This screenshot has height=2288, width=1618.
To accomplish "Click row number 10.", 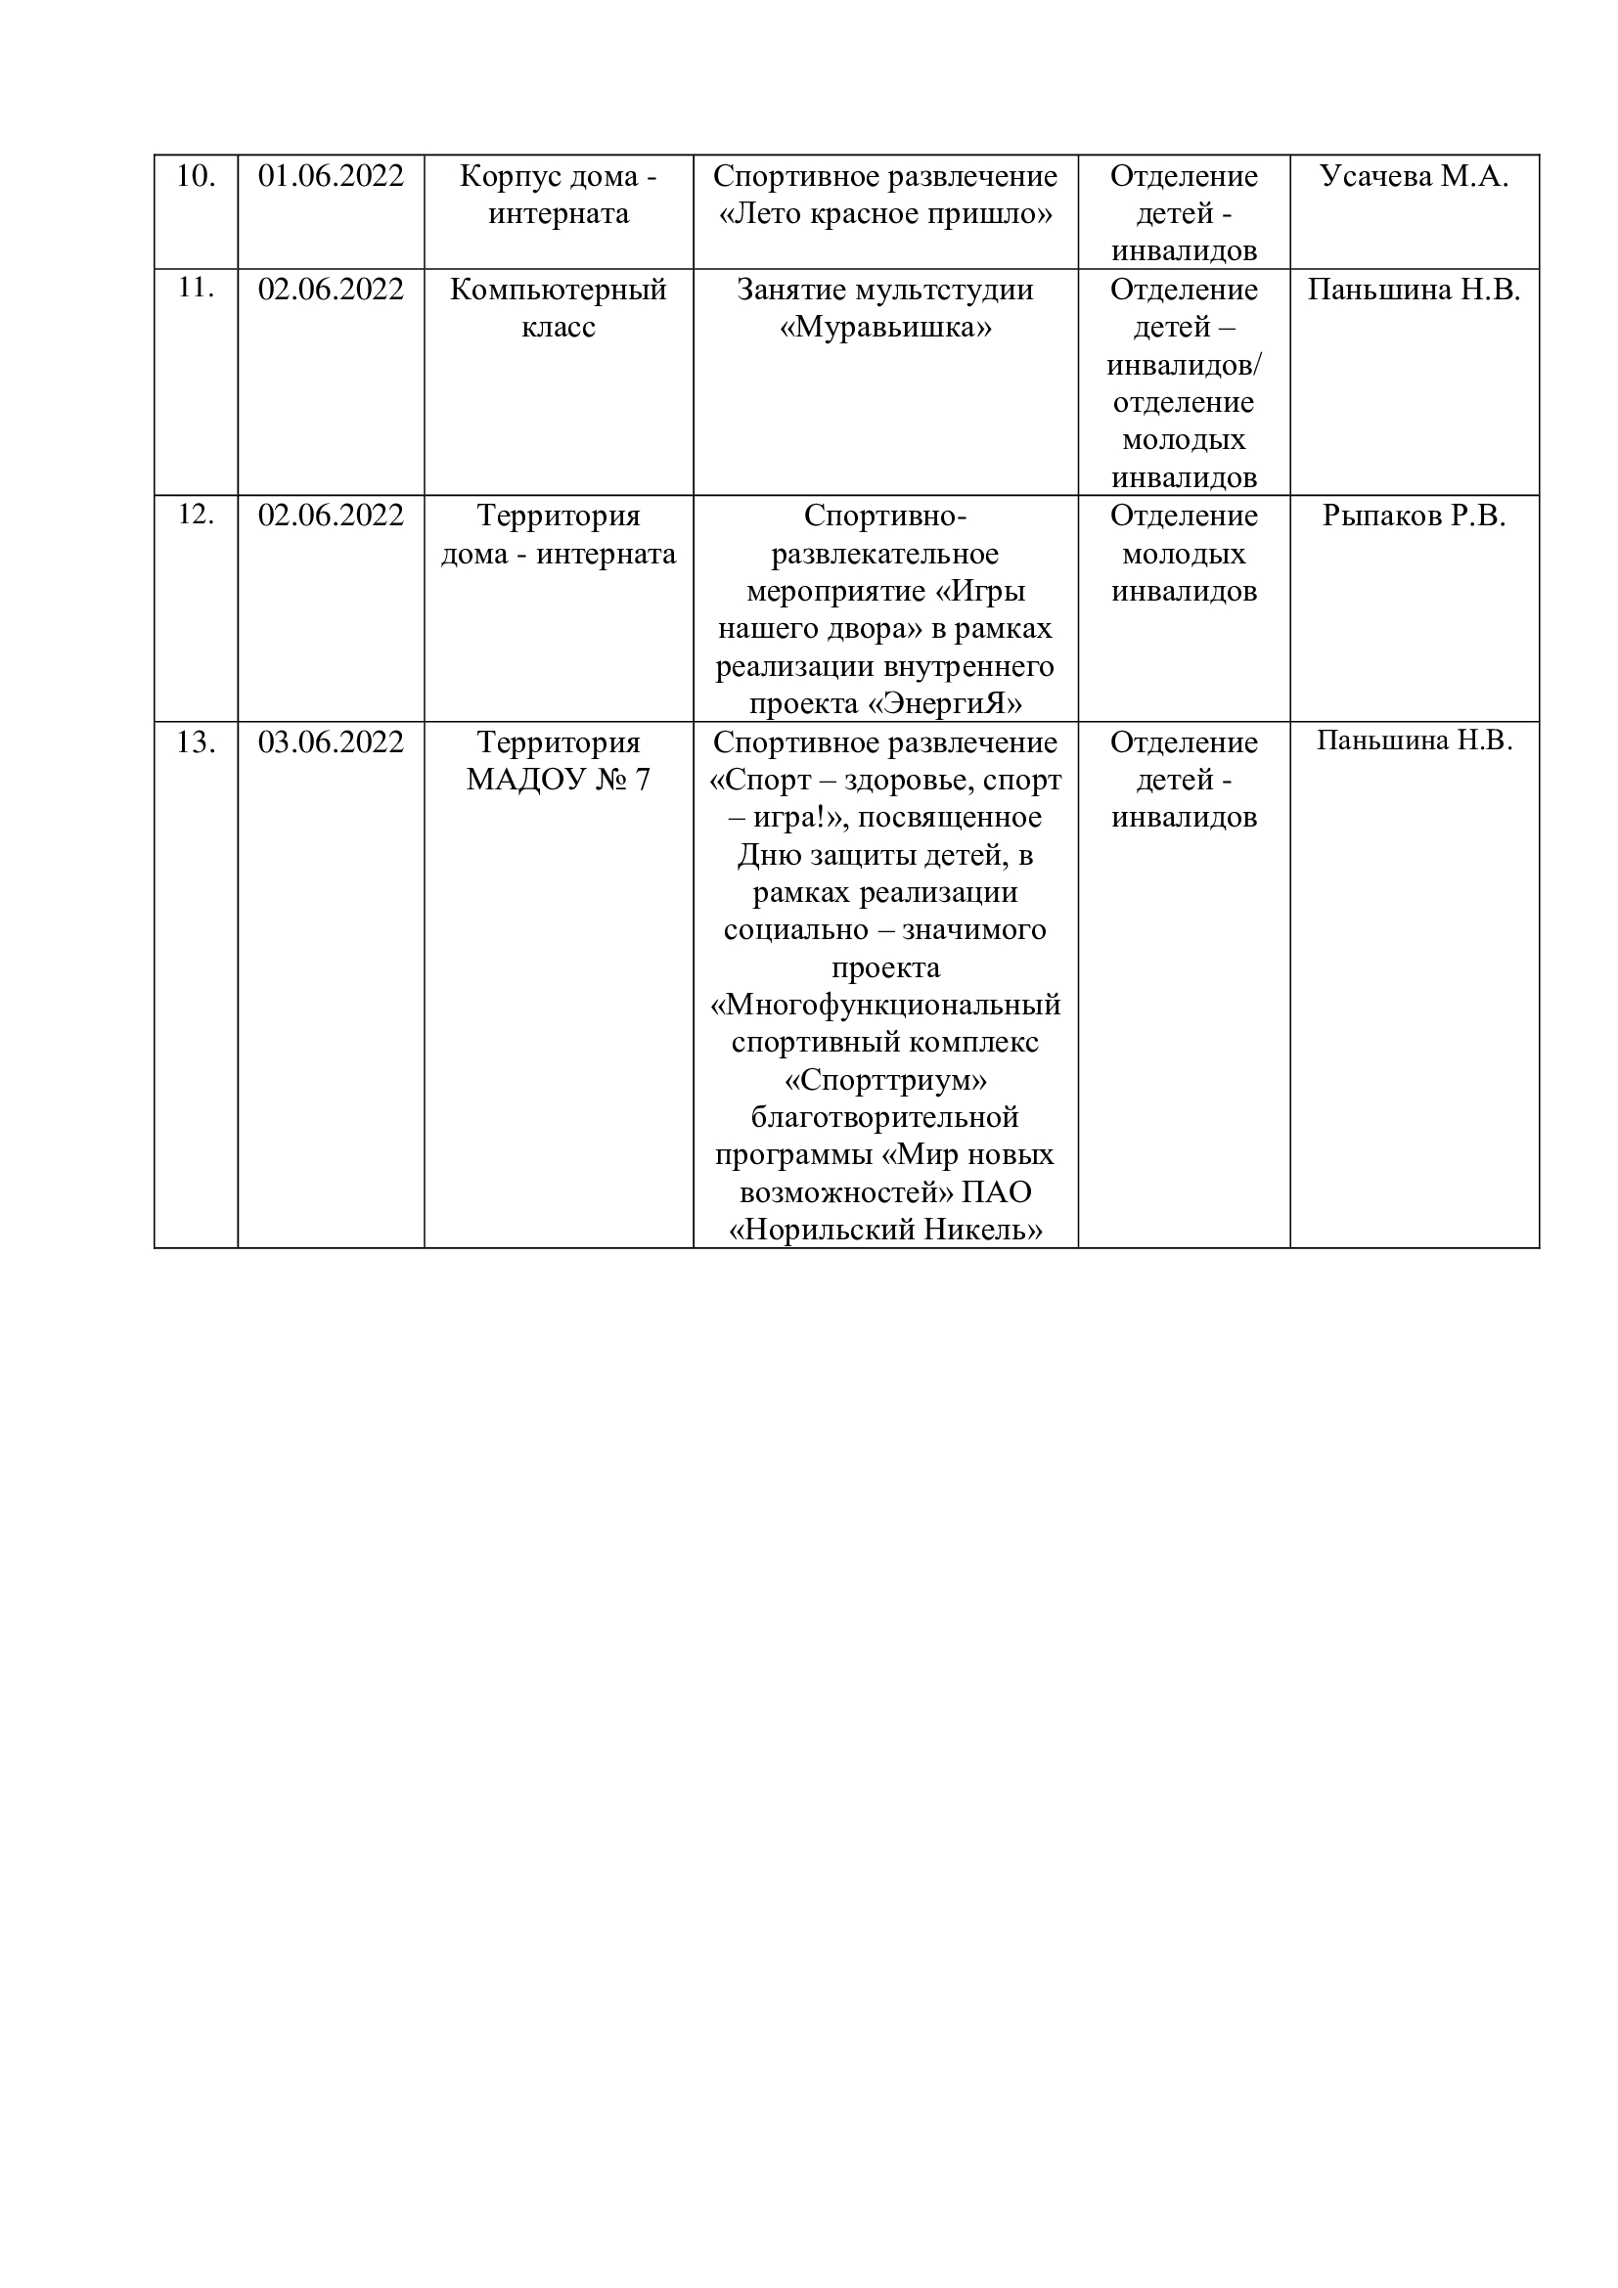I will tap(196, 176).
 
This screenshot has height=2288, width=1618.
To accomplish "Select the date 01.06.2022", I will tap(331, 176).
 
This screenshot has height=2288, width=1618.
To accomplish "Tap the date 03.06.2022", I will tap(331, 742).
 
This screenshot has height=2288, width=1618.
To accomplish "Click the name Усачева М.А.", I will tap(1413, 176).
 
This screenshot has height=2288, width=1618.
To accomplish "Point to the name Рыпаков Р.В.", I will tap(1413, 516).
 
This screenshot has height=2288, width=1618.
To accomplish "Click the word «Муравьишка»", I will tap(884, 327).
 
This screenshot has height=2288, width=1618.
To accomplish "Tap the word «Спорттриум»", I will tap(884, 1080).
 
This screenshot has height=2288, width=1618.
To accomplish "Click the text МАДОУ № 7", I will tap(558, 780).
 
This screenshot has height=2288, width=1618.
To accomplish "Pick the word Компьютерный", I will tap(558, 290).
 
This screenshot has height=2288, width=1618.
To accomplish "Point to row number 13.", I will tap(196, 742).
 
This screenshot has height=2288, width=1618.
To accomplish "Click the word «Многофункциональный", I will tap(884, 1005).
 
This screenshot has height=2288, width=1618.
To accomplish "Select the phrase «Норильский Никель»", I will tap(884, 1231).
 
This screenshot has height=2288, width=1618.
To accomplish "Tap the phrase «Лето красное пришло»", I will tap(884, 214).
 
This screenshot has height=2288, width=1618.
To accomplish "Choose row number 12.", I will tap(196, 516).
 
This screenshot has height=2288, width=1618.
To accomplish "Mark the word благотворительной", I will tap(884, 1117).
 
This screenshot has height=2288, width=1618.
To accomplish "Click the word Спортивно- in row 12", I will tap(884, 516).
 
